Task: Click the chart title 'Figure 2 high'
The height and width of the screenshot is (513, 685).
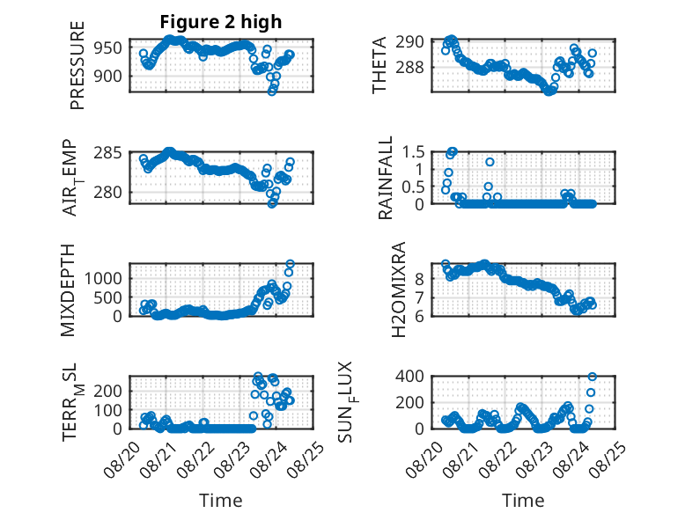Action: pyautogui.click(x=221, y=22)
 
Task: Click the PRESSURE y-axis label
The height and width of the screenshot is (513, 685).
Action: pyautogui.click(x=77, y=65)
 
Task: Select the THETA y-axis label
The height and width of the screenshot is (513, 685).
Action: pyautogui.click(x=379, y=65)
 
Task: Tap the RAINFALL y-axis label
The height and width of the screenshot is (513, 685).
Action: pyautogui.click(x=386, y=178)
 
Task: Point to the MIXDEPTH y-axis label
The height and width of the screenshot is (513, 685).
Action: pyautogui.click(x=68, y=290)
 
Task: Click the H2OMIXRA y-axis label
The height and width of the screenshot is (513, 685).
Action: pyautogui.click(x=399, y=289)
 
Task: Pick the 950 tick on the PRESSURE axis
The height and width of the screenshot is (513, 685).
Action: pyautogui.click(x=108, y=48)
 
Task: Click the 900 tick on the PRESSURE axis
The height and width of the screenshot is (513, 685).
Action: pyautogui.click(x=108, y=76)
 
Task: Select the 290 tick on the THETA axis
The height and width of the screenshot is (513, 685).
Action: pyautogui.click(x=409, y=42)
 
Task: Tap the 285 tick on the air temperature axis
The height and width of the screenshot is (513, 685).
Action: pyautogui.click(x=108, y=154)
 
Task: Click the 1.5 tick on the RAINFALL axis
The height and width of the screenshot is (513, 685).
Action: pyautogui.click(x=413, y=152)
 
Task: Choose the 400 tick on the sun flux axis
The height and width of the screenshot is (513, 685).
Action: pyautogui.click(x=409, y=376)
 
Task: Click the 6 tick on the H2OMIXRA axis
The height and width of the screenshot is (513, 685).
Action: pyautogui.click(x=419, y=316)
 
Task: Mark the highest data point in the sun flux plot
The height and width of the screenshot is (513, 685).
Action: pyautogui.click(x=593, y=377)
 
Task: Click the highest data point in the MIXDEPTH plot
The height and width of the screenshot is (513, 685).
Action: pyautogui.click(x=290, y=264)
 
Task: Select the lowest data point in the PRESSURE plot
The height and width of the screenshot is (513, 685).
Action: pyautogui.click(x=272, y=92)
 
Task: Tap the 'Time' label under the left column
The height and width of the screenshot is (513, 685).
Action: pyautogui.click(x=221, y=500)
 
